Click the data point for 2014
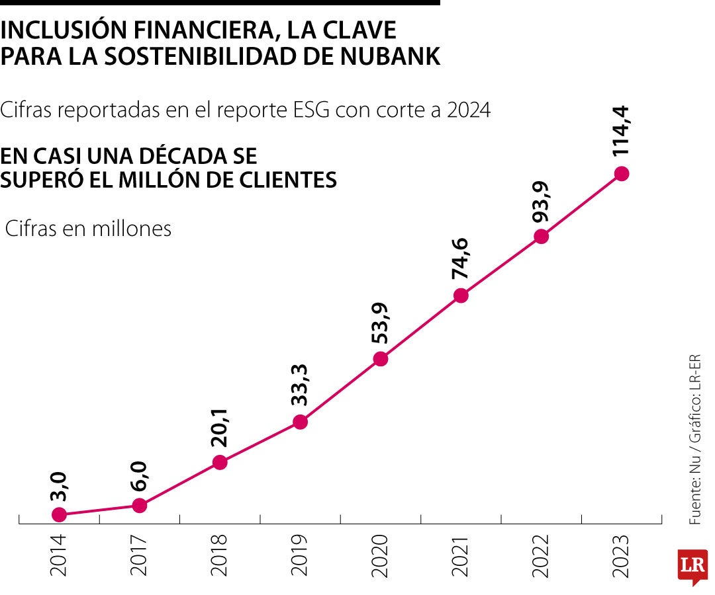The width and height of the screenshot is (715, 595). [59, 514]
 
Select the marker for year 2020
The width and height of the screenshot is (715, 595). [381, 359]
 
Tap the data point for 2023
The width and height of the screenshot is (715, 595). [621, 174]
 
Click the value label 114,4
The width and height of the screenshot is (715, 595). [620, 131]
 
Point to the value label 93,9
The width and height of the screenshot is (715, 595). [541, 201]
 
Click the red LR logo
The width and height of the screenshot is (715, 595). [691, 567]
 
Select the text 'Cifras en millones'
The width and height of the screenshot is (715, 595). [88, 229]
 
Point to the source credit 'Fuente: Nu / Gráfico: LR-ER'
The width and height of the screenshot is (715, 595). [694, 440]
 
